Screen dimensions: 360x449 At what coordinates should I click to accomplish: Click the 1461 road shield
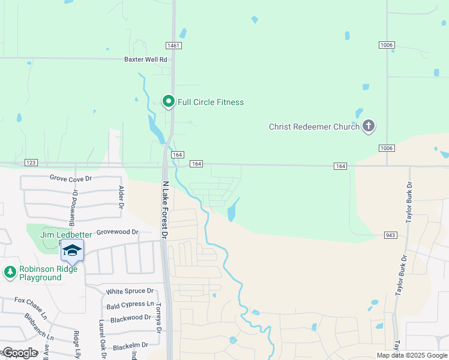[174, 46]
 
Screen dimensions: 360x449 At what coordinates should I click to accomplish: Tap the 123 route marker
[32, 163]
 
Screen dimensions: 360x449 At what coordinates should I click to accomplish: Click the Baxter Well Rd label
[145, 59]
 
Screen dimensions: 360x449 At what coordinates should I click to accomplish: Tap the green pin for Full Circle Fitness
[169, 102]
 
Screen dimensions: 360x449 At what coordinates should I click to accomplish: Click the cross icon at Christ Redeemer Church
[369, 126]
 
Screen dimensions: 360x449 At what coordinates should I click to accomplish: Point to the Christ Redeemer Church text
[314, 127]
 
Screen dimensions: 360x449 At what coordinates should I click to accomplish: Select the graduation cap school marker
[72, 251]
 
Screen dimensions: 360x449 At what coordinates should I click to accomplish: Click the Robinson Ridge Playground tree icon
[10, 273]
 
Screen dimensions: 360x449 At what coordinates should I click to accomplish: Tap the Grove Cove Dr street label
[70, 178]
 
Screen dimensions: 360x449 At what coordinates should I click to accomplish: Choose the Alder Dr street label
[121, 197]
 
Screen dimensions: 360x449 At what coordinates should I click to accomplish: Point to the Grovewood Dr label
[118, 232]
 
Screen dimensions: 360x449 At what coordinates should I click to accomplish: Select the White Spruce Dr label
[130, 292]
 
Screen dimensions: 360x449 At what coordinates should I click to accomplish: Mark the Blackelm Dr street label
[130, 346]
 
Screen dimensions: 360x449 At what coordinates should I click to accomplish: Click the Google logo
[20, 353]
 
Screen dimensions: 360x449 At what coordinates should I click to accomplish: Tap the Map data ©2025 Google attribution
[411, 355]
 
